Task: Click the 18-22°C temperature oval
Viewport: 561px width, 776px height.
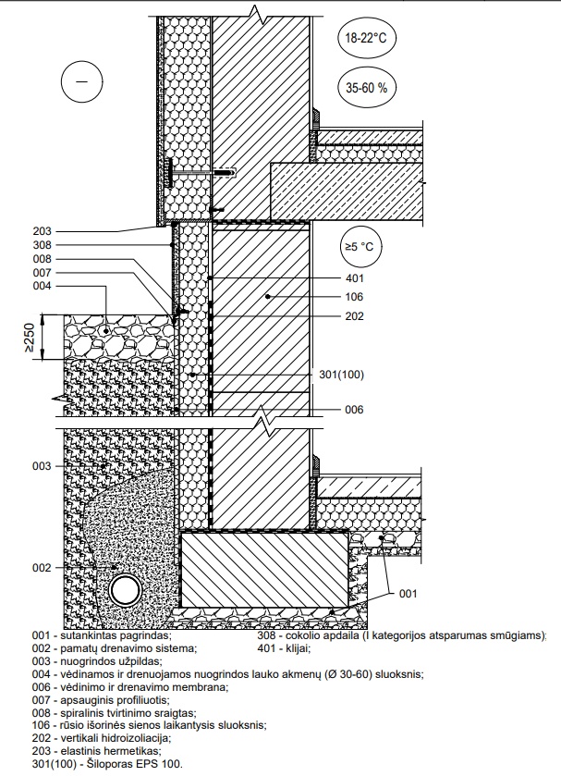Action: point(366,38)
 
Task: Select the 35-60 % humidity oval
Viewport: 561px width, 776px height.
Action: point(367,88)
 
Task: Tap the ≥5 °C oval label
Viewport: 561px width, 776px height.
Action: point(360,246)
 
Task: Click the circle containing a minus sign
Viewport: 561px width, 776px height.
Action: point(81,81)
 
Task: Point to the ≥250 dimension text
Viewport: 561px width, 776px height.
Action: point(30,338)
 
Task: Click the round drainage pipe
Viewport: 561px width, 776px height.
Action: point(126,590)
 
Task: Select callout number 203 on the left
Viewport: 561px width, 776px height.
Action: point(42,231)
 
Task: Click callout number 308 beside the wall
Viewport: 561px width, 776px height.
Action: point(42,245)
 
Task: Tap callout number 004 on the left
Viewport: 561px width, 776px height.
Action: point(42,286)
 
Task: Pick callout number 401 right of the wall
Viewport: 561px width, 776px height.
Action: point(355,278)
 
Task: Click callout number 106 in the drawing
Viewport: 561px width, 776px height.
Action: point(355,297)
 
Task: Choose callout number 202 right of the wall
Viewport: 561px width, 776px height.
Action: point(355,316)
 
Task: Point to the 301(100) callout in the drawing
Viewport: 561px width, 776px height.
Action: point(341,375)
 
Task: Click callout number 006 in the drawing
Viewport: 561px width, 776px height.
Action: point(355,410)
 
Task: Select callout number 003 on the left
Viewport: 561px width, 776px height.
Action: point(42,466)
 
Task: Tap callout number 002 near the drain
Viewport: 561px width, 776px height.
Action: point(42,568)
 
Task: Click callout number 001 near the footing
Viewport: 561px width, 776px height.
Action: point(409,594)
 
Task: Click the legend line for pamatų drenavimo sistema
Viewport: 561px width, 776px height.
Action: point(115,648)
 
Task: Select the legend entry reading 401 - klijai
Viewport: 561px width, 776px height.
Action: point(284,648)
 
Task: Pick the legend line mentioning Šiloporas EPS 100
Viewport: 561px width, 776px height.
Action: point(107,764)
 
